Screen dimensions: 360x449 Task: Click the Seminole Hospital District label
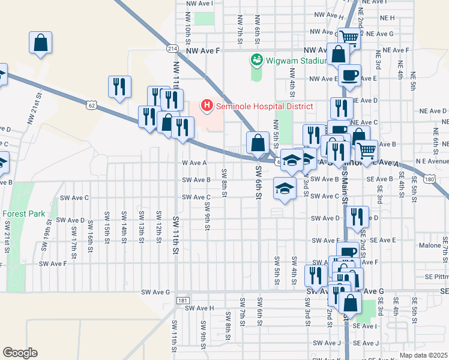(265, 106)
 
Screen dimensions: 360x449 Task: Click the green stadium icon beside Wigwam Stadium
(257, 60)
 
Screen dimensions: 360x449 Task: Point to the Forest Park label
(23, 213)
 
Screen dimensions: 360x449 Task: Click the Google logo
(20, 353)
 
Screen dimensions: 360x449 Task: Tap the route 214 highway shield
(173, 48)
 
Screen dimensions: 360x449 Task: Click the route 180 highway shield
(429, 179)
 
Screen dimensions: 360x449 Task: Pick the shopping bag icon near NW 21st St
(40, 43)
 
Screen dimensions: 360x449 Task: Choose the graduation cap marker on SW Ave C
(284, 188)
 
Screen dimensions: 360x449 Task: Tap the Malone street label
(430, 245)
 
